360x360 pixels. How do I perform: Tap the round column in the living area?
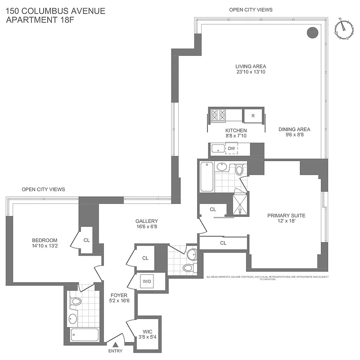[312, 32]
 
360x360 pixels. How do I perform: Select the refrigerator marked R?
[253, 116]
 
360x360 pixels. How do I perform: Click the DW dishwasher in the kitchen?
[231, 148]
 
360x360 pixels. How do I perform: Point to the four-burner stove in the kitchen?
[219, 115]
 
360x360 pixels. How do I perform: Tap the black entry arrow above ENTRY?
[116, 344]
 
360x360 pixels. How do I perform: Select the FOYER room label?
[119, 296]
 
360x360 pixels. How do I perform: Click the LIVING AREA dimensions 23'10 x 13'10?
[251, 72]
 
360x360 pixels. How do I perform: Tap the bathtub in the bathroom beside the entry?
[84, 334]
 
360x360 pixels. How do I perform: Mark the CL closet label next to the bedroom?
[87, 240]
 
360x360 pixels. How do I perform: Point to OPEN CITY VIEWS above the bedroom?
[43, 189]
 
